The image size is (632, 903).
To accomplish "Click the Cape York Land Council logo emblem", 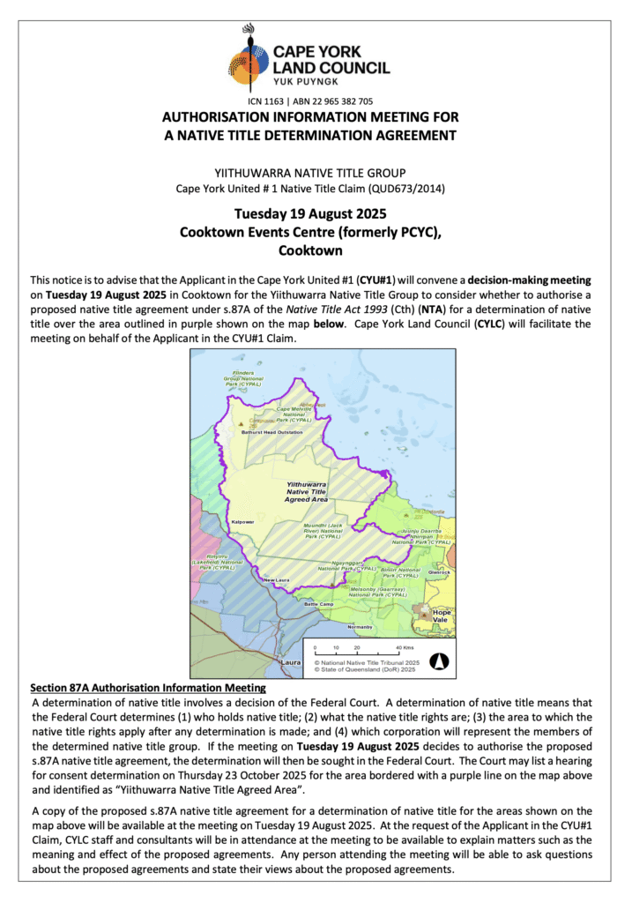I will click(249, 60).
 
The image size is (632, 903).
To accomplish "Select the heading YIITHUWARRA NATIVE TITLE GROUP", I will click(316, 172).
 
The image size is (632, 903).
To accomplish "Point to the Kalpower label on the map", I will click(242, 522).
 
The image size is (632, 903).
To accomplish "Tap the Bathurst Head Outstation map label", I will click(272, 433).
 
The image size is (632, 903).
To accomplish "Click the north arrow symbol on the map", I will click(439, 660).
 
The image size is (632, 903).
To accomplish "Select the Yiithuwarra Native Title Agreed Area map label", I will click(307, 492).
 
